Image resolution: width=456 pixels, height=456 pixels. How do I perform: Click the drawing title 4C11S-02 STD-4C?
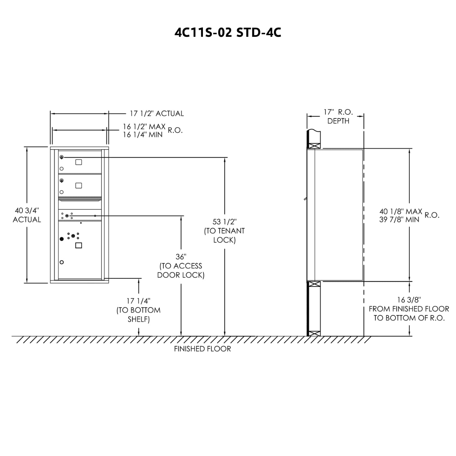pos(228,33)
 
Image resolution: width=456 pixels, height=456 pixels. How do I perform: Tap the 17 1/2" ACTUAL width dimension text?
pos(157,114)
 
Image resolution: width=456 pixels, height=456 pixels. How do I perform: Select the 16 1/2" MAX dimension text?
pos(144,127)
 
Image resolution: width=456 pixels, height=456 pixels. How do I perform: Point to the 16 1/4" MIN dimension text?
pos(143,135)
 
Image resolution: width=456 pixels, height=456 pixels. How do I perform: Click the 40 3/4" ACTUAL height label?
pos(27,215)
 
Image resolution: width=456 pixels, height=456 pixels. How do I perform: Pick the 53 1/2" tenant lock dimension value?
pos(224,222)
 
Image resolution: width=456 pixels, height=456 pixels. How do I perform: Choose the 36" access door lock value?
pos(181,257)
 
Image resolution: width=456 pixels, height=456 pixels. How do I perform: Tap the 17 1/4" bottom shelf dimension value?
pos(138,301)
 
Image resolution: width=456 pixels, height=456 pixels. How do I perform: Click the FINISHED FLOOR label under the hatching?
pos(202,349)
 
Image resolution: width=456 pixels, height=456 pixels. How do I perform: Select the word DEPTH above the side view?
pos(338,121)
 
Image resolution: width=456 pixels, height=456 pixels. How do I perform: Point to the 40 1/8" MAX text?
pos(401,211)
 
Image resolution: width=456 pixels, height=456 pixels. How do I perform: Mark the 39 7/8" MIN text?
pos(399,220)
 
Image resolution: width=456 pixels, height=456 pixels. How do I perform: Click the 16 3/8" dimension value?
pos(409,300)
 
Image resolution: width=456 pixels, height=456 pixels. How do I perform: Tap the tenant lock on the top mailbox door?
pos(62,157)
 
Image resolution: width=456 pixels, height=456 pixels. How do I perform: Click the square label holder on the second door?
pos(78,186)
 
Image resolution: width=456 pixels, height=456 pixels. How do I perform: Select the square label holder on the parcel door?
pos(78,245)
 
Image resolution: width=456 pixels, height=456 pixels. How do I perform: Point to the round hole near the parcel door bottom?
pos(62,262)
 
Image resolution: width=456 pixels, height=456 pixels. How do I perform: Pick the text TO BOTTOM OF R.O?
pos(409,318)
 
